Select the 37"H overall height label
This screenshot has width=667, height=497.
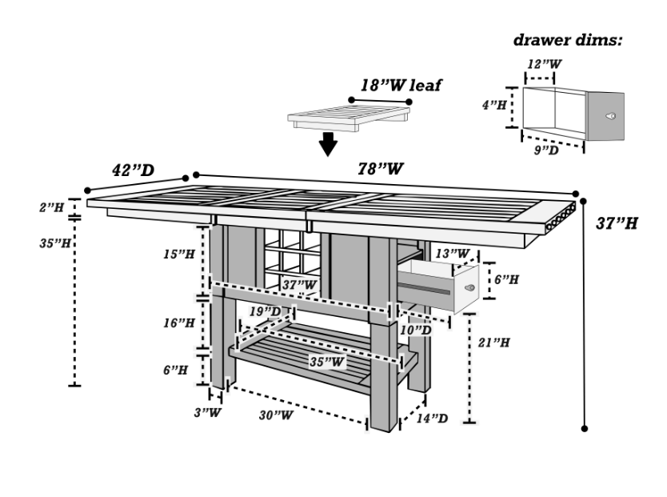(617, 223)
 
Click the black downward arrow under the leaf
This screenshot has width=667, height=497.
(326, 144)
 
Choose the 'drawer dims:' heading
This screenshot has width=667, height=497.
(567, 40)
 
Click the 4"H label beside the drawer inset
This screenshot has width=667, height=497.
(494, 105)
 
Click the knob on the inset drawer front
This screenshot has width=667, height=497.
(610, 115)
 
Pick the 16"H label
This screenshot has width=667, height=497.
(178, 323)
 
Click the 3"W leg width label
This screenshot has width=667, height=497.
(210, 412)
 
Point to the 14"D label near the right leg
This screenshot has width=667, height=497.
(433, 418)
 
